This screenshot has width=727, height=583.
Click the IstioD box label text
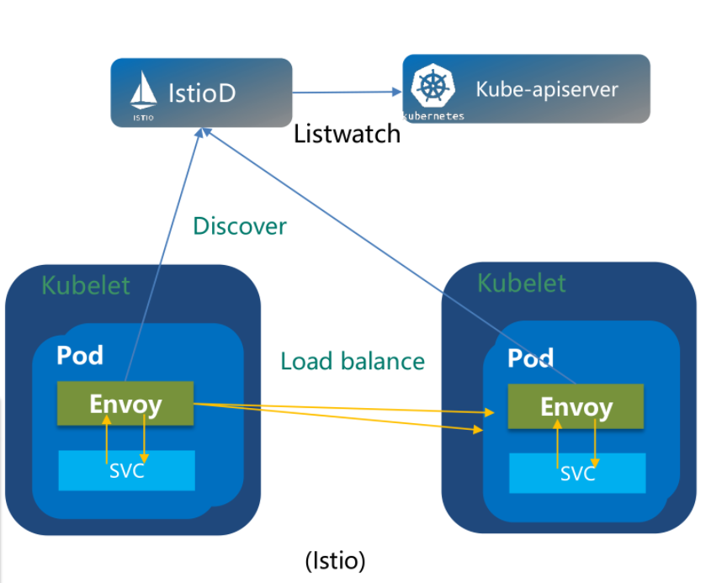pyautogui.click(x=202, y=92)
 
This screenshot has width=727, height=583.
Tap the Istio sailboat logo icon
pyautogui.click(x=144, y=90)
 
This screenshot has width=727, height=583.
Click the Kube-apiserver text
pyautogui.click(x=547, y=89)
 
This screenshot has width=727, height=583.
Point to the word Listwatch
pyautogui.click(x=347, y=134)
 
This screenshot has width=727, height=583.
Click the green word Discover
pyautogui.click(x=240, y=226)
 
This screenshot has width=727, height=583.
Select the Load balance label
pyautogui.click(x=353, y=362)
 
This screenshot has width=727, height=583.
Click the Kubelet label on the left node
pyautogui.click(x=86, y=285)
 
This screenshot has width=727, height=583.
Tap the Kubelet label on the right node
pyautogui.click(x=522, y=283)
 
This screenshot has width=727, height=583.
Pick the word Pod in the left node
pyautogui.click(x=80, y=355)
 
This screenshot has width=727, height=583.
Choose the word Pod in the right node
pyautogui.click(x=531, y=358)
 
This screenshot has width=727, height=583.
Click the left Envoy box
pyautogui.click(x=125, y=404)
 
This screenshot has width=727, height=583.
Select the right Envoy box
pyautogui.click(x=576, y=407)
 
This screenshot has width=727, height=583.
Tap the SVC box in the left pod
pyautogui.click(x=126, y=470)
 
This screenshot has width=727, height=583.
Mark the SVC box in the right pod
pyautogui.click(x=577, y=474)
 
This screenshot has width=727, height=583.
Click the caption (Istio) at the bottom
pyautogui.click(x=336, y=560)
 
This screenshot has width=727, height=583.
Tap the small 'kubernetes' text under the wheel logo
pyautogui.click(x=433, y=116)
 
